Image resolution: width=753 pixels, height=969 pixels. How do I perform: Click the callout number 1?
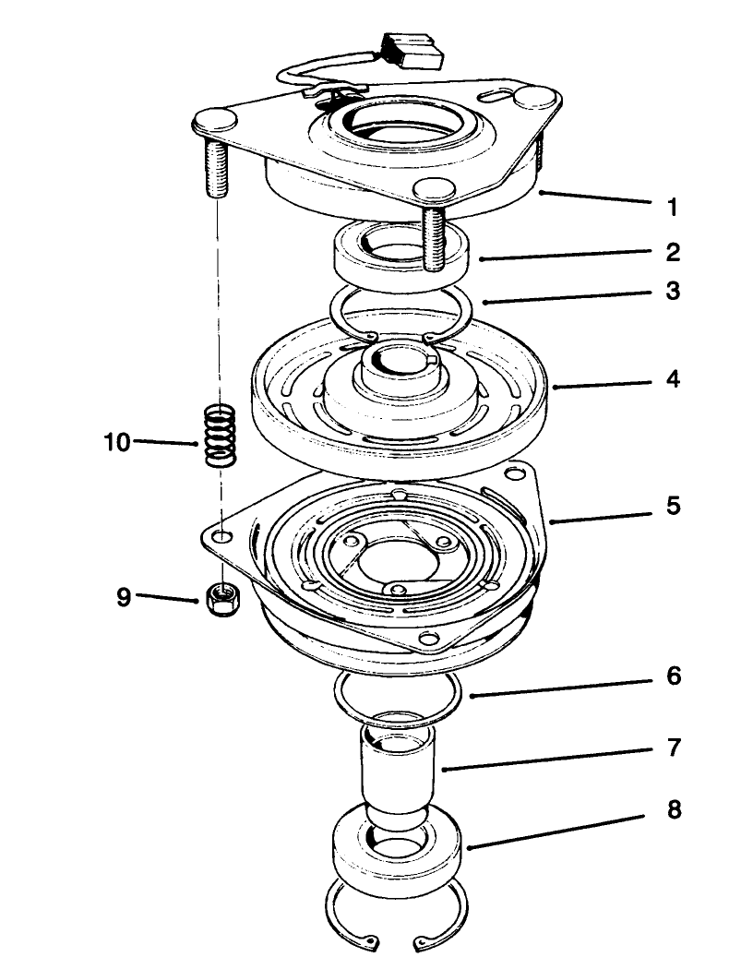coord(673,208)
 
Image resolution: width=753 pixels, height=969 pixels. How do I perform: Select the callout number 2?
coord(673,252)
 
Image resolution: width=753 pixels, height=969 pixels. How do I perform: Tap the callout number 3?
coord(673,292)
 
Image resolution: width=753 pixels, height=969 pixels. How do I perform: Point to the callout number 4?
coord(673,379)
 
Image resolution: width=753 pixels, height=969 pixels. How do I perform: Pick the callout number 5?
coord(673,506)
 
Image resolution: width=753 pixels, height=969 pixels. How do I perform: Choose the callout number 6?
coord(673,677)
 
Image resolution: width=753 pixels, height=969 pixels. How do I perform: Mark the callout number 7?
coord(673,748)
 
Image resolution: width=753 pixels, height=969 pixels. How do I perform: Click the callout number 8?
coord(673,810)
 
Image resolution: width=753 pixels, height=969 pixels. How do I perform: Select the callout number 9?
coord(125,597)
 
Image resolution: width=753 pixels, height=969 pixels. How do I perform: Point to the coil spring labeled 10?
coord(219,436)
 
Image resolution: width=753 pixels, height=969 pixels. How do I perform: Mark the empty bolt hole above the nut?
coord(221,535)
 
